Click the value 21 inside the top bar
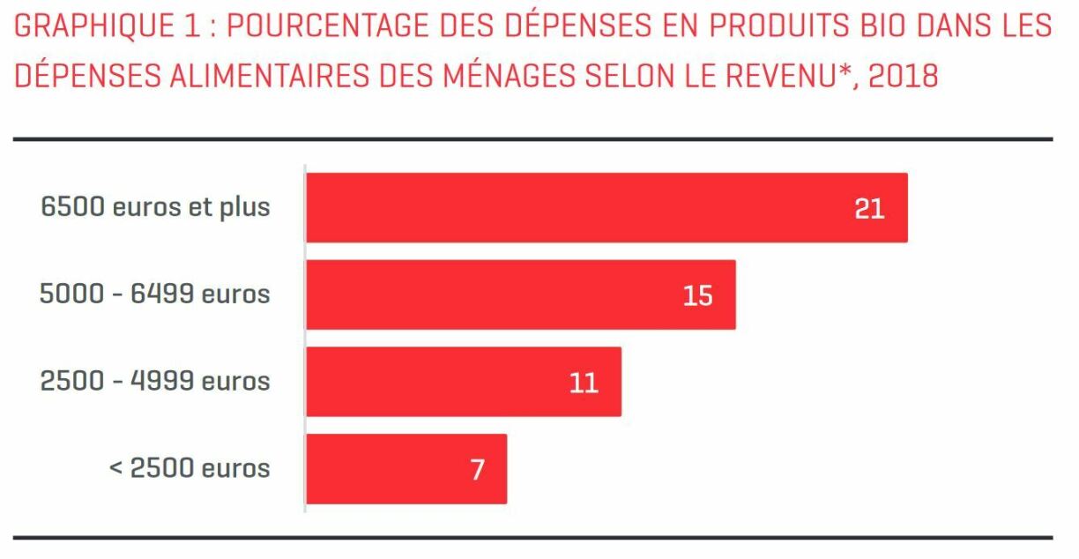click(x=869, y=208)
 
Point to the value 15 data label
click(x=697, y=295)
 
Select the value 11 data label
click(x=584, y=382)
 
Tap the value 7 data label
click(x=477, y=469)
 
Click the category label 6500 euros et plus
click(x=155, y=207)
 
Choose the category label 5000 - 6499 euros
click(x=155, y=294)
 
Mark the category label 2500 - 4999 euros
click(x=155, y=381)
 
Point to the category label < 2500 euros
click(x=190, y=467)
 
